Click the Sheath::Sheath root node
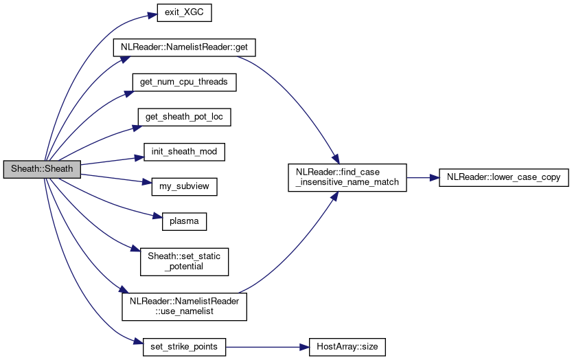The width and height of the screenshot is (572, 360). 42,168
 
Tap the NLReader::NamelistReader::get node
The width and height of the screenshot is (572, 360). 183,48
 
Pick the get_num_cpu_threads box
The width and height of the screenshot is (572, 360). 183,82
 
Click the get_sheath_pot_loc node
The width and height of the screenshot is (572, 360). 183,117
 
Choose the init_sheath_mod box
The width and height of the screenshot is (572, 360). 183,151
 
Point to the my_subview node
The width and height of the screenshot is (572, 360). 183,185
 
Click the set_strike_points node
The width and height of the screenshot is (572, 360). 183,346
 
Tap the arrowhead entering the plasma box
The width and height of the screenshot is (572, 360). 158,218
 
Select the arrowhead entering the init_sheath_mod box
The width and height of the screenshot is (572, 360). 139,157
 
